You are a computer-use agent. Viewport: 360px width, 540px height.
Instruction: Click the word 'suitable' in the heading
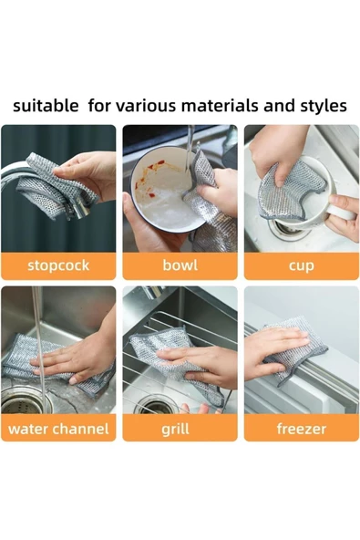coord(46,106)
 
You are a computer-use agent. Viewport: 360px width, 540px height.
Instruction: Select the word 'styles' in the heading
coord(322,106)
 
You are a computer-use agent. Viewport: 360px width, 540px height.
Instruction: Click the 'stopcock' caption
coord(58,265)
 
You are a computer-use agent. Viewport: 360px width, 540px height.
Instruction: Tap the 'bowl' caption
coord(180,265)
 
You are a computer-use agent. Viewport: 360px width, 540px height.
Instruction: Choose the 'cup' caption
coord(301,265)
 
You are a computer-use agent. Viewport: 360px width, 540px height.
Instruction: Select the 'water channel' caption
coord(58,428)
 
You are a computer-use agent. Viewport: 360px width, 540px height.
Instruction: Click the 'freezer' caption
coord(301,428)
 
